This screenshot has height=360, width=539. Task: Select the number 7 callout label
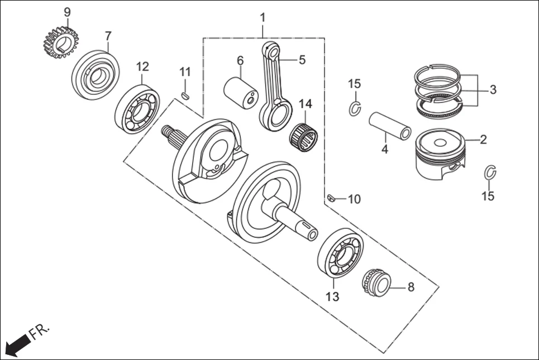[108, 36]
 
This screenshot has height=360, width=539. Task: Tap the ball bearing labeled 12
[137, 108]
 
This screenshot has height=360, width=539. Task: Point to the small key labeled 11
[185, 95]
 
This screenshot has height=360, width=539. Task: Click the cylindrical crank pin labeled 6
[240, 92]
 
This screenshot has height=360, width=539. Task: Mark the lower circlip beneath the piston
[490, 174]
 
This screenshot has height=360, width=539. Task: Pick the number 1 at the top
[263, 18]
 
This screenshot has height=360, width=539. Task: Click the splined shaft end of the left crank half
[171, 137]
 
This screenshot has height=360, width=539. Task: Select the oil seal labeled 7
[96, 75]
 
